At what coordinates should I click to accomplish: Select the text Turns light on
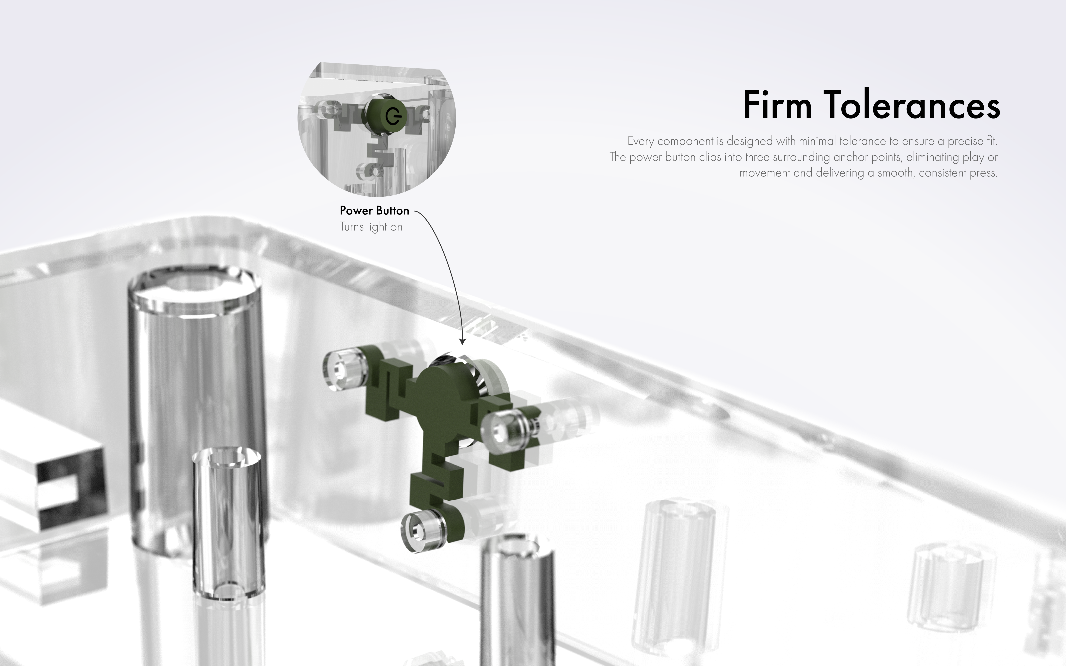point(371,227)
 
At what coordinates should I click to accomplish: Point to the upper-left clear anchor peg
point(345,369)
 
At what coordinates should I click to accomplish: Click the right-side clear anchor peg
point(504,431)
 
